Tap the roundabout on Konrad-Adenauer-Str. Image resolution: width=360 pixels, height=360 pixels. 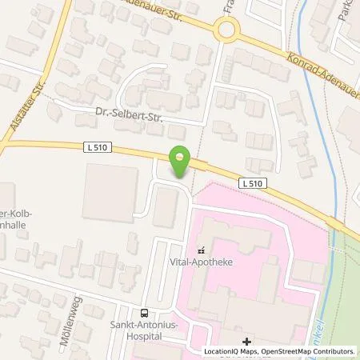[227, 30]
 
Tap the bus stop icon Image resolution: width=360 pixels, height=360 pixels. [144, 314]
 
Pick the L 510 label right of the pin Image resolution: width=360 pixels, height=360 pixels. [250, 183]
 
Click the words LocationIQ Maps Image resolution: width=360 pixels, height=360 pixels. [233, 351]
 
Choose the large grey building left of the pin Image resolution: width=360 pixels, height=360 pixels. [110, 192]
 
